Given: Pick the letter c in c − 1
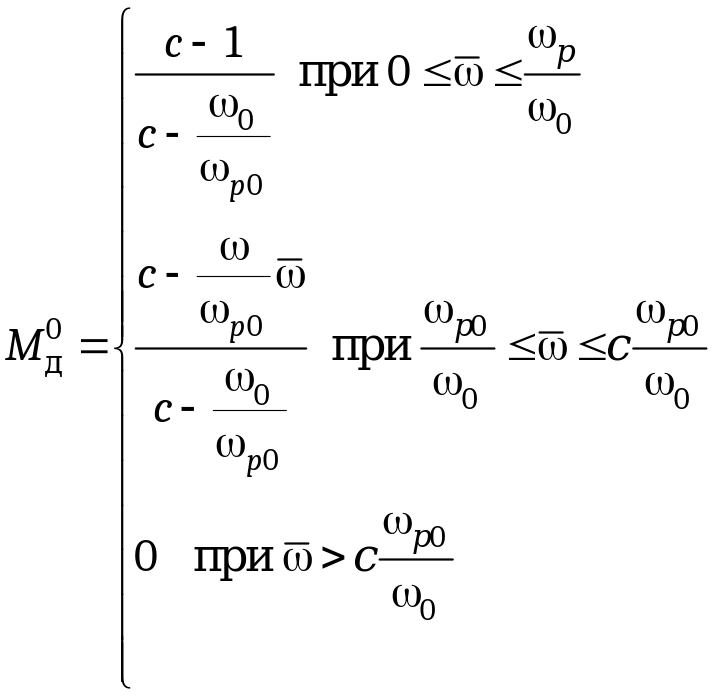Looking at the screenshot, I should (x=172, y=49).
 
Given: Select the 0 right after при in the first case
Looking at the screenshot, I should (x=398, y=76).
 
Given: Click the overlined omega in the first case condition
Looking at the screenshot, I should (x=468, y=77).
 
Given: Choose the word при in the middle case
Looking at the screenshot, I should (x=373, y=348).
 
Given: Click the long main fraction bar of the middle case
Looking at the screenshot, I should (x=220, y=348).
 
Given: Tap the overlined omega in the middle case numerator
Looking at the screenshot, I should (x=290, y=273).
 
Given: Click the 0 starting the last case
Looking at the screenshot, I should (x=146, y=557).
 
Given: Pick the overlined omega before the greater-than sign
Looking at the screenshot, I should (x=296, y=557).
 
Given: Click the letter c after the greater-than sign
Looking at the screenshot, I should (x=365, y=559).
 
